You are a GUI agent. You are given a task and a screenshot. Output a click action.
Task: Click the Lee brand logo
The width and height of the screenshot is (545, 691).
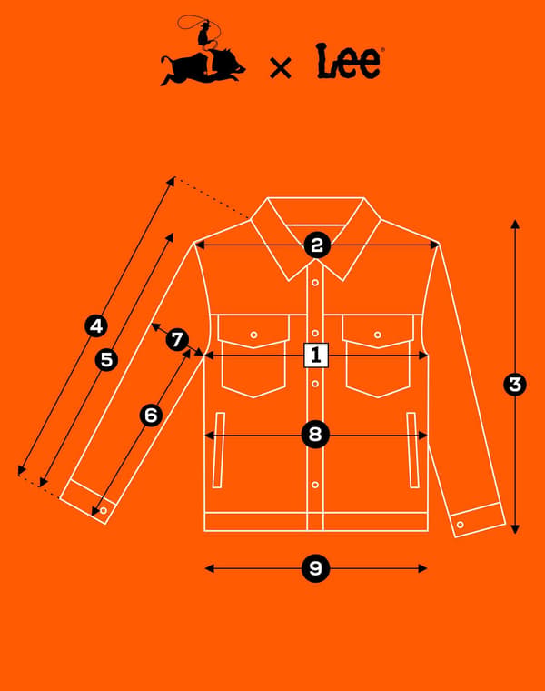click(350, 61)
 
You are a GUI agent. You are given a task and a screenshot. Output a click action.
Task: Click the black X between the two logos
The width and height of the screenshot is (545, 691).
click(281, 68)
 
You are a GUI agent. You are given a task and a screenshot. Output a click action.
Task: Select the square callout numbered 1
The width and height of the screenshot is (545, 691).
click(316, 356)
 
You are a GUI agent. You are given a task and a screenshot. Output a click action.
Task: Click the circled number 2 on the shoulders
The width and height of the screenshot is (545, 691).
click(317, 245)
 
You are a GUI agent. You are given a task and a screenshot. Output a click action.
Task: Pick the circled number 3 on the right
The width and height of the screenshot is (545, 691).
click(515, 385)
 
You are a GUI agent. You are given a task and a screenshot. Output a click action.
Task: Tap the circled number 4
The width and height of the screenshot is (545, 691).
click(96, 326)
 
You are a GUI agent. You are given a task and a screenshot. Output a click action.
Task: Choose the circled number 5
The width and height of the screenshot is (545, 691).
click(106, 360)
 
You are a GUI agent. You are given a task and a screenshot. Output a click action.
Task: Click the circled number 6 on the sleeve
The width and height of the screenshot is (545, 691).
click(151, 416)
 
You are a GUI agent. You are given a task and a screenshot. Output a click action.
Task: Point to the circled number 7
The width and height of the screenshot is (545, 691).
click(177, 340)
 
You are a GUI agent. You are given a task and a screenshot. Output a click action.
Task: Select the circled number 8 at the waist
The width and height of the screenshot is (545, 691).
click(315, 435)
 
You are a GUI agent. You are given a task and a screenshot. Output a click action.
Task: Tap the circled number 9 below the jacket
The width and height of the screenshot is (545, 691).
click(315, 568)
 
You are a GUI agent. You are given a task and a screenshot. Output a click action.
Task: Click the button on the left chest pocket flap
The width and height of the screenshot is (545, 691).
click(253, 335)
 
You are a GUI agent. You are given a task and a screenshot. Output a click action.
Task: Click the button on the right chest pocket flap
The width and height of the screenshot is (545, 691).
click(377, 335)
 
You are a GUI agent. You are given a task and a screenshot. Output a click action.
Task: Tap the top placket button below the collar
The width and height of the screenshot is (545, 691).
click(315, 283)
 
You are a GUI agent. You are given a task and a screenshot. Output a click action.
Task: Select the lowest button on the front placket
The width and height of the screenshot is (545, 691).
click(315, 485)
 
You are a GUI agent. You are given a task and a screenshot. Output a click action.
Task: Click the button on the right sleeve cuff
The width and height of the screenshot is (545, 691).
click(460, 525)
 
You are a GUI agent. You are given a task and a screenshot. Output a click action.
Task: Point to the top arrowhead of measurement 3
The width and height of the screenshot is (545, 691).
click(515, 224)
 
